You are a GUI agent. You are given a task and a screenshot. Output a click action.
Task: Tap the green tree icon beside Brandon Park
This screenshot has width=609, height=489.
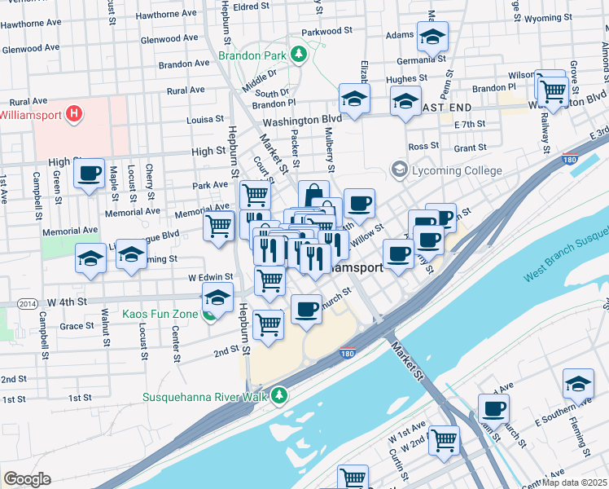pyautogui.click(x=300, y=55)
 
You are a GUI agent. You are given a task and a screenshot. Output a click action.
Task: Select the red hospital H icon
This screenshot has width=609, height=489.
pyautogui.click(x=74, y=113)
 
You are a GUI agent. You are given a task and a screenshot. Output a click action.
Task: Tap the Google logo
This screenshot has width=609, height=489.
pyautogui.click(x=27, y=478)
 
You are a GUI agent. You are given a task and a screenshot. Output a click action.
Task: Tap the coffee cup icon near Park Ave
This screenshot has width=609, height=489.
pyautogui.click(x=90, y=174)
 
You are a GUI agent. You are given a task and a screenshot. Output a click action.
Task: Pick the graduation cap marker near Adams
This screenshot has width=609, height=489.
pyautogui.click(x=432, y=36)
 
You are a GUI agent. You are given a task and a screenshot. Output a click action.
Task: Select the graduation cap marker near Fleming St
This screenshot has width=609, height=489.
pyautogui.click(x=577, y=384)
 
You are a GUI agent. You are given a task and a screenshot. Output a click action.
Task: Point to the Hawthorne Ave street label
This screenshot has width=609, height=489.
pyautogui.click(x=166, y=14)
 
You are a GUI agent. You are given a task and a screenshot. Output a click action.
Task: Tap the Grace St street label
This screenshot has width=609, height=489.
pyautogui.click(x=77, y=325)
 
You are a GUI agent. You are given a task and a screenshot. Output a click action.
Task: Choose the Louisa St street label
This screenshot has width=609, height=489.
pyautogui.click(x=205, y=119)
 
